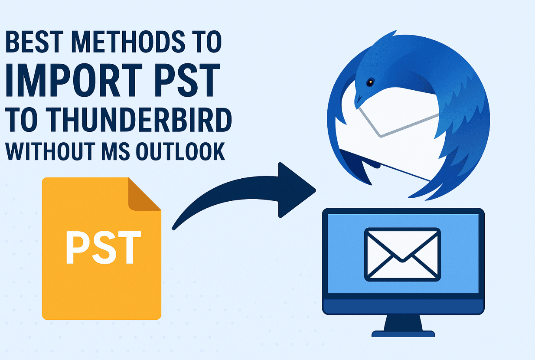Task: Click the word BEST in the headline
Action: [34, 41]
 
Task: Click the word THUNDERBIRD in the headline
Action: [140, 120]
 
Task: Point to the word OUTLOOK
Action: [180, 151]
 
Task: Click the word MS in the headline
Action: [116, 151]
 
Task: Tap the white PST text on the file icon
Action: [103, 248]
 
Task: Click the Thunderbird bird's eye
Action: [370, 82]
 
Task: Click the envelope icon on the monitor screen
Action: [402, 255]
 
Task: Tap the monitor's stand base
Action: [403, 334]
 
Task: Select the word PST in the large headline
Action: [187, 80]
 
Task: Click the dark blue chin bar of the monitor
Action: [403, 307]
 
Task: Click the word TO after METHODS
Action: [207, 41]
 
